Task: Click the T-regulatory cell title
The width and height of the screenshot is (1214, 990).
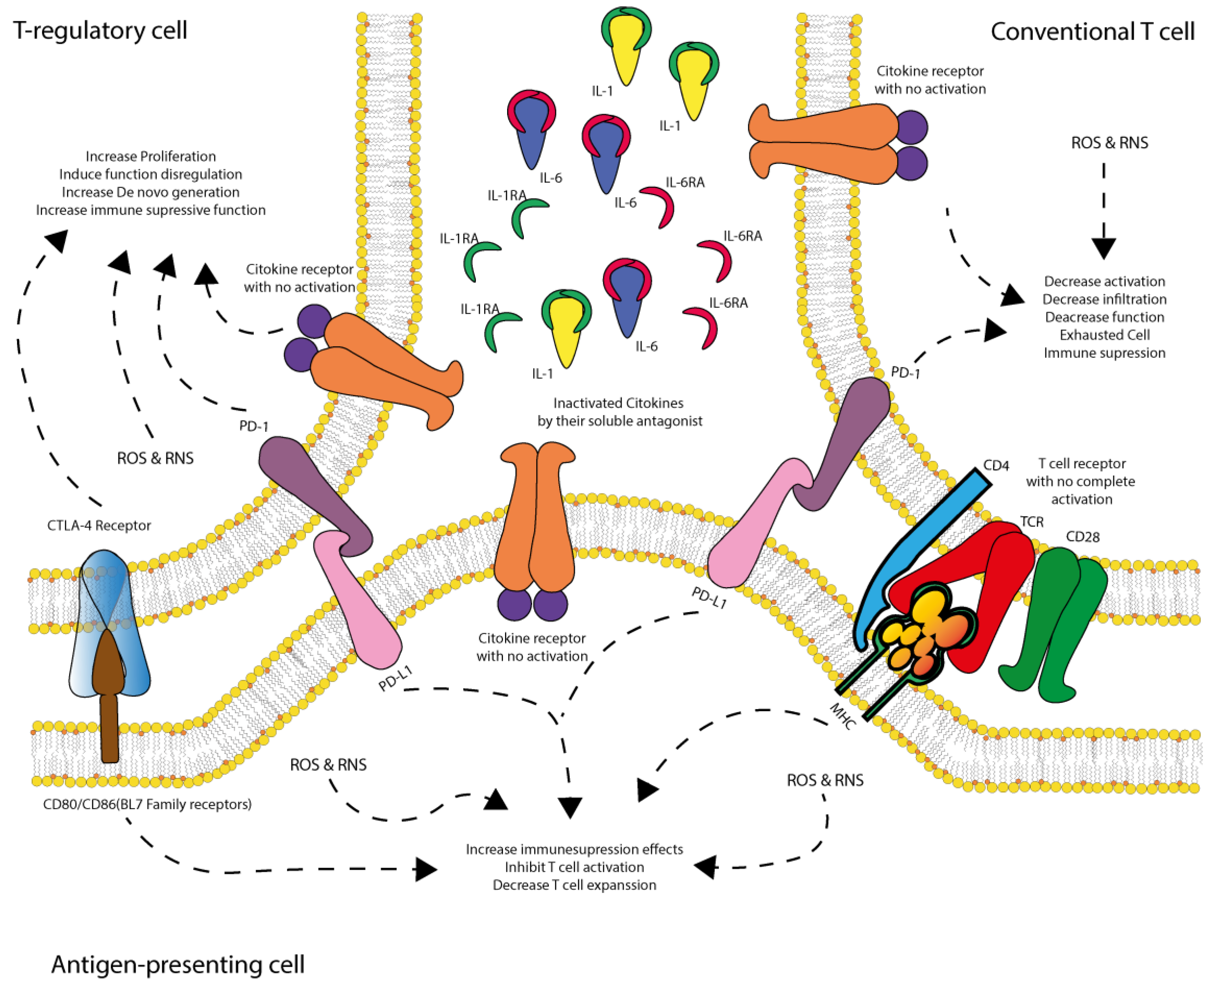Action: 100,30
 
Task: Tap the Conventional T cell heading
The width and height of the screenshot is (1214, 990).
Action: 1092,32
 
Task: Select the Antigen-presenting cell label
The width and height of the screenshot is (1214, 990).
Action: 178,964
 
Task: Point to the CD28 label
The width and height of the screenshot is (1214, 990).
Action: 1082,536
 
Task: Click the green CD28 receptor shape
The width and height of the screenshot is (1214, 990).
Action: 1055,622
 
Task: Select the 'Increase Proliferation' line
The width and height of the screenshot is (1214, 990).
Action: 151,156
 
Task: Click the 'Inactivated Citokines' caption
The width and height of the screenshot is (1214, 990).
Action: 618,403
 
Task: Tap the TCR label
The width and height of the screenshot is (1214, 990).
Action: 1031,522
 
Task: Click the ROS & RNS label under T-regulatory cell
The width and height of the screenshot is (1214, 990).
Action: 155,458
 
